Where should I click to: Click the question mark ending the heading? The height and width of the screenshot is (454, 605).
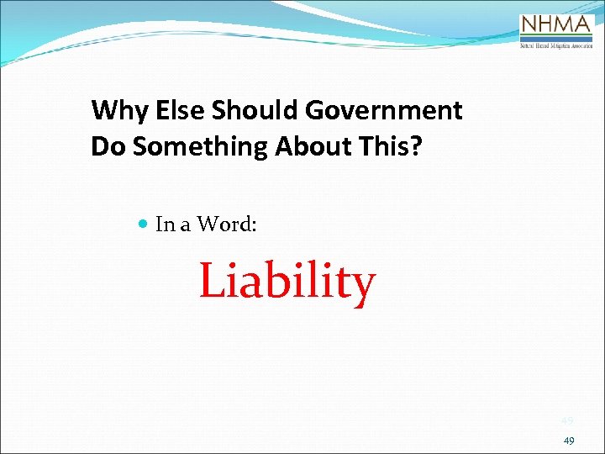click(418, 146)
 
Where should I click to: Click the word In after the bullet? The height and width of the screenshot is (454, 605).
click(165, 224)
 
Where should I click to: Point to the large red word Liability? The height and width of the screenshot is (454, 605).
click(287, 282)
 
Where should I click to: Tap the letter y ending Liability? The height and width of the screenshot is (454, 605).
click(363, 286)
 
